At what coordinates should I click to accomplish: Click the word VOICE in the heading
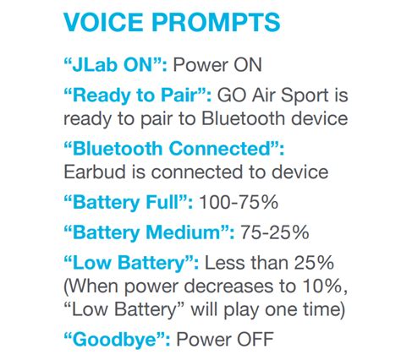coord(103,22)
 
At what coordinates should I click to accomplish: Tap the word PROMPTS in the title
coord(216,22)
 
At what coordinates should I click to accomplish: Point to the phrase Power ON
coord(217,65)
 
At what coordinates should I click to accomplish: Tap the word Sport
coord(305,96)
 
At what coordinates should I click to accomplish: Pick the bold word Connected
coord(221,149)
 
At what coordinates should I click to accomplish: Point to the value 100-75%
coord(239,202)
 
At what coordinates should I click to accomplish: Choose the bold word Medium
coord(183,232)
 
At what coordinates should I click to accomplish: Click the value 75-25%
coord(274,232)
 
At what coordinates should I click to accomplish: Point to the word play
coord(241,310)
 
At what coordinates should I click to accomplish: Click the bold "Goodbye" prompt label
coord(117,340)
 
